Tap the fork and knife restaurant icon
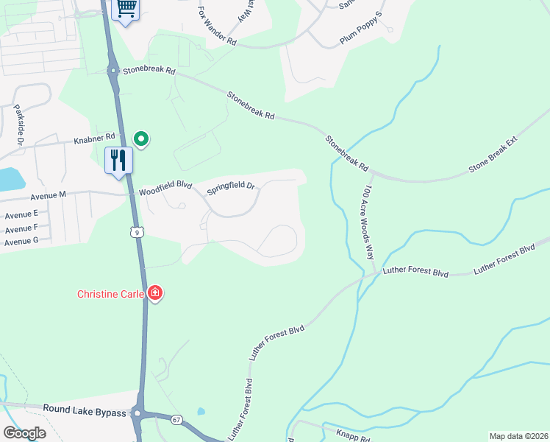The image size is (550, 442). pos(118,160)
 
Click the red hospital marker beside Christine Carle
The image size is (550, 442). pos(154,294)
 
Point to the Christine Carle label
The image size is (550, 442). pos(111,294)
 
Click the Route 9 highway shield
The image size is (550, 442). pos(136,231)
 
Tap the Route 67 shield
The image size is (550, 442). pos(177,419)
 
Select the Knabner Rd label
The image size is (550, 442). pos(95,137)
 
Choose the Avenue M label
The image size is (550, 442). pos(48,194)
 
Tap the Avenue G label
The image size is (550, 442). pos(21,241)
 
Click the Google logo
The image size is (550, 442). pos(24,432)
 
